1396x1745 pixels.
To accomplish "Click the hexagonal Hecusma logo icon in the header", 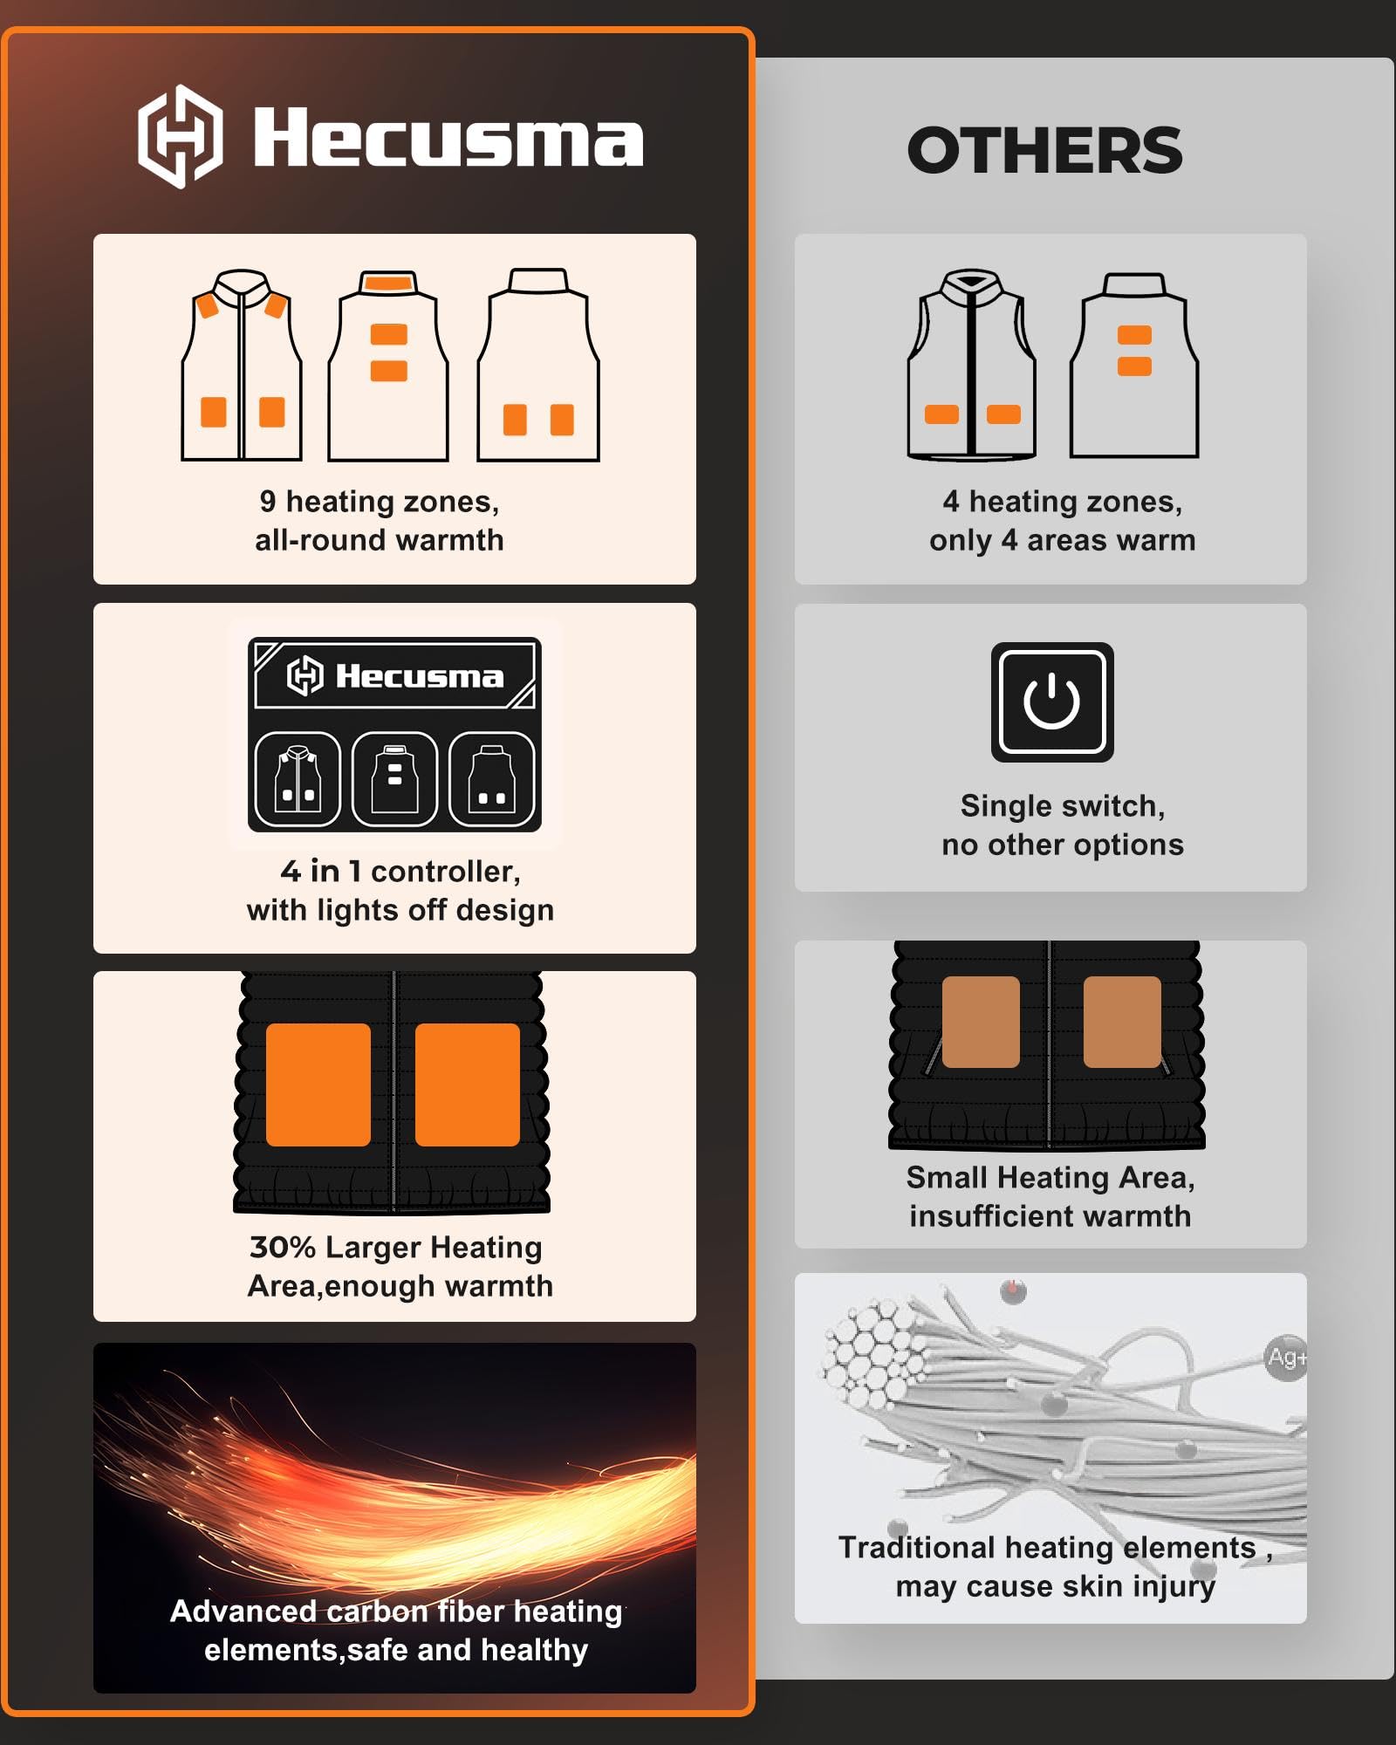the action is [180, 136].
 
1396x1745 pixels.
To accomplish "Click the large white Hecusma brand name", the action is [448, 137].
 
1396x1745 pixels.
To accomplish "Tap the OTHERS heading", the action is [1044, 150].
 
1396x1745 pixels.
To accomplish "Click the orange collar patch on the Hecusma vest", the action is [388, 283].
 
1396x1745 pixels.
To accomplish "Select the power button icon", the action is [1052, 701].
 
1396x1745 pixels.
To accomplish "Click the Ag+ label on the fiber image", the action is [1287, 1358].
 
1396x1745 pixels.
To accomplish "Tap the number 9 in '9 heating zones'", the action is [268, 501].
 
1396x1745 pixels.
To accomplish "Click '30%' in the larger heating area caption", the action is [283, 1247].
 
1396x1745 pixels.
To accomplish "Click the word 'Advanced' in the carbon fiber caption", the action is [243, 1612].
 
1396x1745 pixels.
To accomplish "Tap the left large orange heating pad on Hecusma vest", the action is [318, 1085].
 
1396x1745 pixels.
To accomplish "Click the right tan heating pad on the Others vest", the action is [1122, 1022].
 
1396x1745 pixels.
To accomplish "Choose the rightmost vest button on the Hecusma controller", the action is [492, 779].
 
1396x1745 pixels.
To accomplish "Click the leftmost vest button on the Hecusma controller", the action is [298, 779].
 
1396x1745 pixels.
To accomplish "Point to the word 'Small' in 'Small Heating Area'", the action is [948, 1178].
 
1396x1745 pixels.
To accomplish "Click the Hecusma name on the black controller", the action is [420, 676].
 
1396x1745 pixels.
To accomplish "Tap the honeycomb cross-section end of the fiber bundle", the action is [872, 1352].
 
